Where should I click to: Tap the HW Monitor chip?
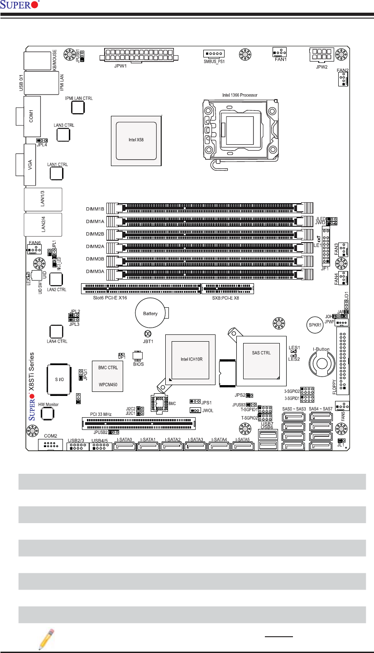48,413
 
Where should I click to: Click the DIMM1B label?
95,210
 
